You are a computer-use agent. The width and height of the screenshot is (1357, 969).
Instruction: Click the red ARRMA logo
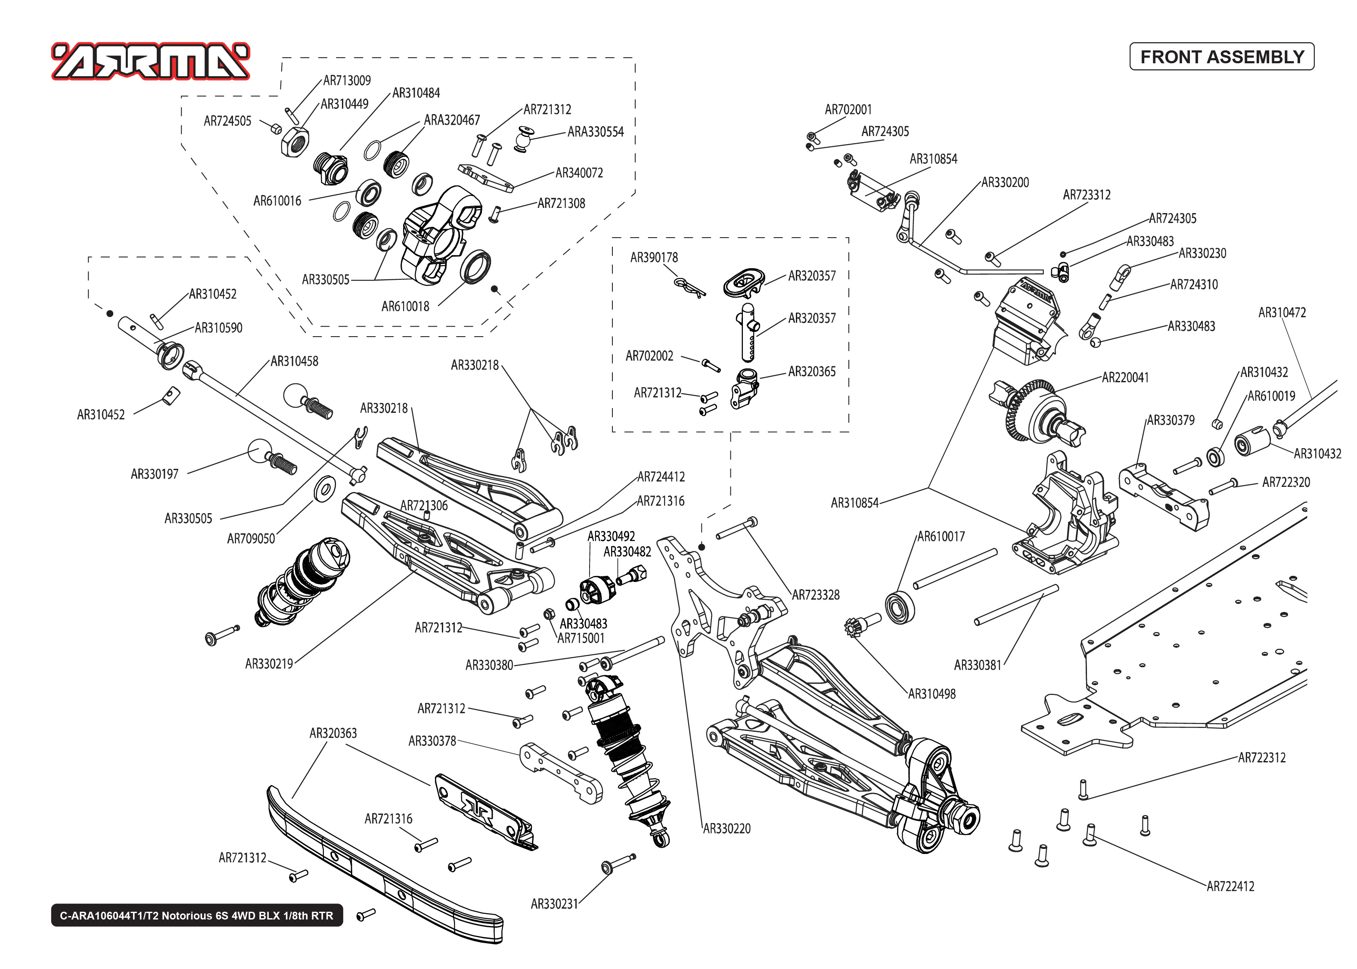coord(150,62)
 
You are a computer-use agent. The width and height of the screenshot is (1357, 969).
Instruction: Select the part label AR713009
coord(347,80)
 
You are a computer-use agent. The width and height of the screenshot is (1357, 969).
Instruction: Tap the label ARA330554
coord(595,132)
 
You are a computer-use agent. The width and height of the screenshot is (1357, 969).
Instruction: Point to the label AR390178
coord(654,258)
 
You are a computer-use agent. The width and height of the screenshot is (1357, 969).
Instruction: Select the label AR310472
coord(1282,313)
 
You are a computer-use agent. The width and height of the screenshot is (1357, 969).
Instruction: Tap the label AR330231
coord(554,904)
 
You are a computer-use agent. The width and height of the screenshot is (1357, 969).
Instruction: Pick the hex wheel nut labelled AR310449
coord(295,143)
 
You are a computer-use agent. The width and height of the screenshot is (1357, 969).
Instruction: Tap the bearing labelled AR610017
coord(900,607)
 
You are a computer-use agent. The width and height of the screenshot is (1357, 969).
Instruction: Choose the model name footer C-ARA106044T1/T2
coord(196,915)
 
